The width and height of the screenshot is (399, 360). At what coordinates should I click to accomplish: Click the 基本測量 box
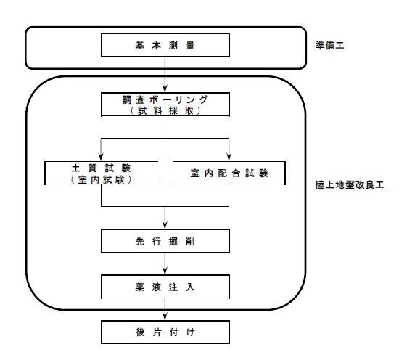click(165, 45)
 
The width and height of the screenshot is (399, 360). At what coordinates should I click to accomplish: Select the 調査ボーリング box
click(165, 105)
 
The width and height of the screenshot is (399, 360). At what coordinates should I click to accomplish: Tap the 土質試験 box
click(101, 173)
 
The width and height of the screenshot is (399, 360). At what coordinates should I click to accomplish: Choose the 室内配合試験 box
click(229, 173)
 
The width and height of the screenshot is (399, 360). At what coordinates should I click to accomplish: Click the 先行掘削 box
click(165, 241)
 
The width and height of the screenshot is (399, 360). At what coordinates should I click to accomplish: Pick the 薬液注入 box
click(165, 287)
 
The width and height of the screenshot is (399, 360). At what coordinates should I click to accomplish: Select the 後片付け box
click(165, 332)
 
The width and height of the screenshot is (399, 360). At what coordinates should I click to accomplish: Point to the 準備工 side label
click(330, 45)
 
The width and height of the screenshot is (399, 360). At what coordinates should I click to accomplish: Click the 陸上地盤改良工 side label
click(350, 184)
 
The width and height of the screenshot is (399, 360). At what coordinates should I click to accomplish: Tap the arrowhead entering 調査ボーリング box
click(165, 89)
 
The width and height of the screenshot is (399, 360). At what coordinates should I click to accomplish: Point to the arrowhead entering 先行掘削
click(165, 226)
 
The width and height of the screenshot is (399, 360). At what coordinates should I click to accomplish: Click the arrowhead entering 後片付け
click(165, 316)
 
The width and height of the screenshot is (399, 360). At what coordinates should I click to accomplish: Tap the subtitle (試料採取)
click(165, 111)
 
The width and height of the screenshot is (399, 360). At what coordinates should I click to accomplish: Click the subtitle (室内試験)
click(101, 179)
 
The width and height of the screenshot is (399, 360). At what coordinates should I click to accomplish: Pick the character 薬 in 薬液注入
click(140, 287)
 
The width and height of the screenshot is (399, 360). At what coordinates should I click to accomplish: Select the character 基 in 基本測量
click(140, 45)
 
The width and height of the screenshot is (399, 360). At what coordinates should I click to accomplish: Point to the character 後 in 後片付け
click(140, 332)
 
